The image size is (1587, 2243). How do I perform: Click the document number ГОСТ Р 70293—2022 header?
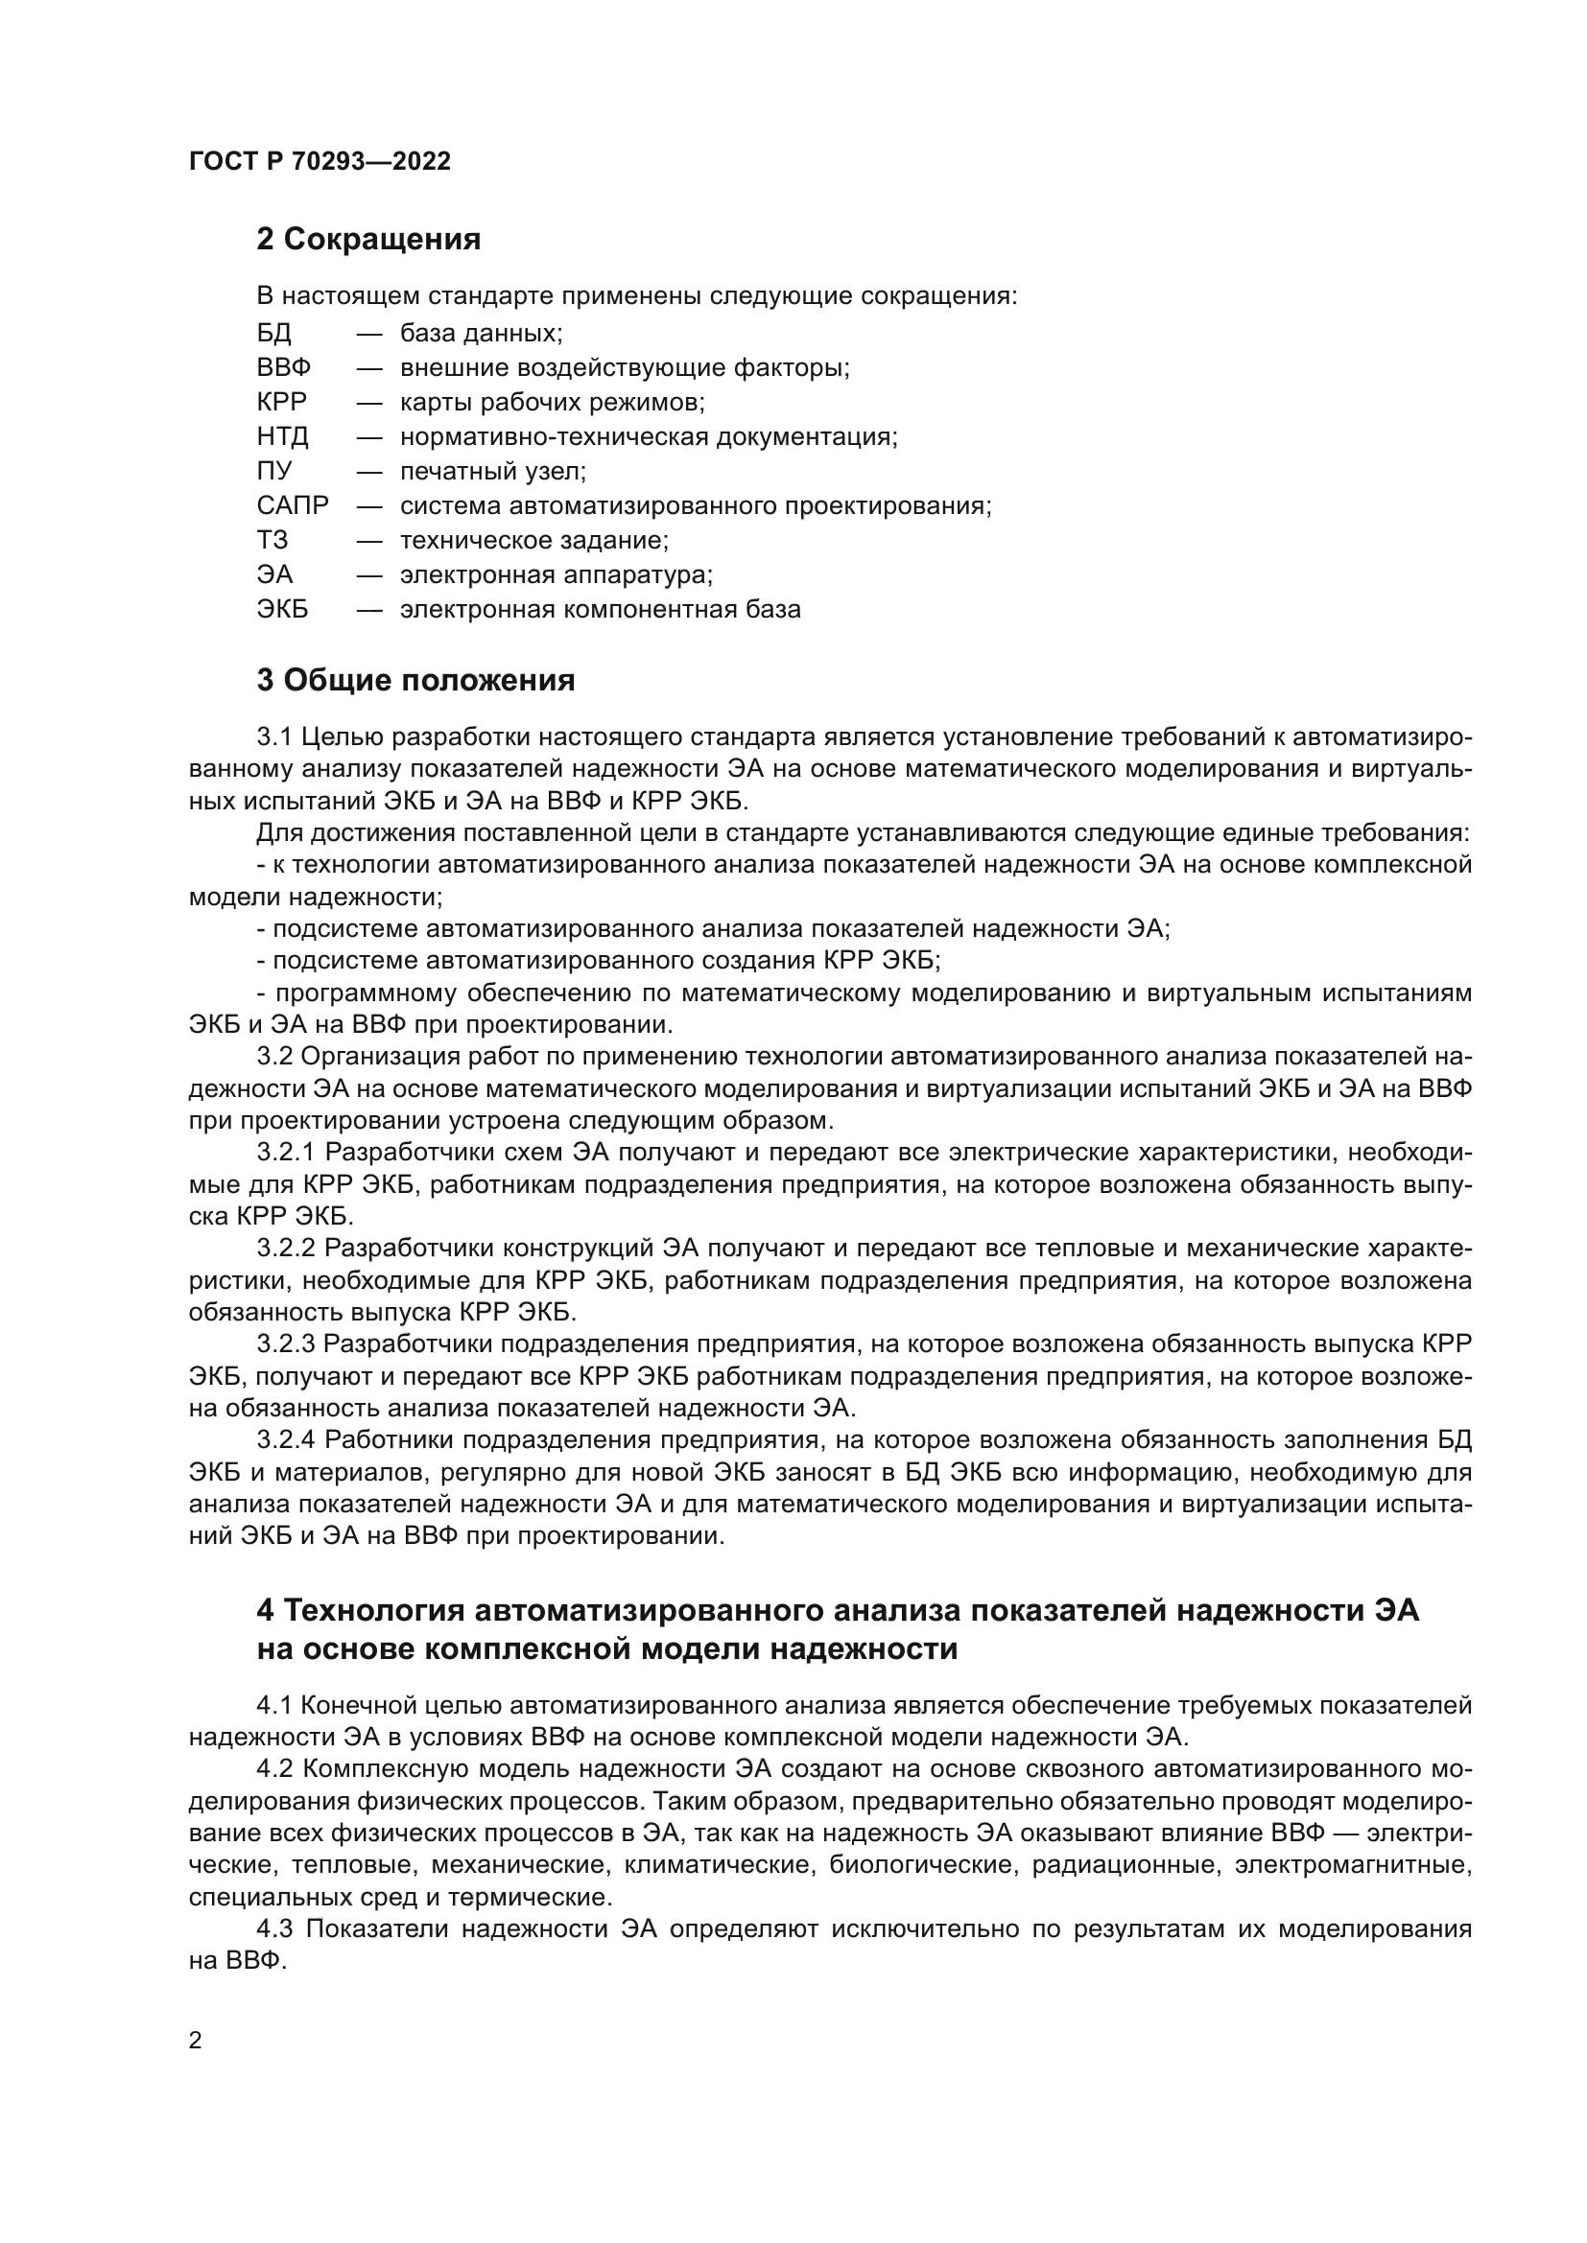[320, 161]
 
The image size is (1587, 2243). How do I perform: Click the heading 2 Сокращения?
[368, 240]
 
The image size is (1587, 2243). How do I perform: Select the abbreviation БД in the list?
[273, 333]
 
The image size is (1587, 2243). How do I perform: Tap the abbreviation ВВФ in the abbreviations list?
[283, 368]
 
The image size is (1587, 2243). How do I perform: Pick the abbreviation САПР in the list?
[293, 506]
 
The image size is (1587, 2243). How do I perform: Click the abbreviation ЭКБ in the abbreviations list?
[282, 610]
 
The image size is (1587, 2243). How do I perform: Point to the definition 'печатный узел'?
[492, 472]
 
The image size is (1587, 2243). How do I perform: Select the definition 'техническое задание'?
[533, 540]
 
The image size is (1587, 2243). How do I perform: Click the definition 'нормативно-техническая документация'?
[649, 436]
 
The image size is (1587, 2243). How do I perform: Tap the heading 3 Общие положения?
[415, 680]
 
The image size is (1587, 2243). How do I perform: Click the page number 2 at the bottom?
[196, 2041]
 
